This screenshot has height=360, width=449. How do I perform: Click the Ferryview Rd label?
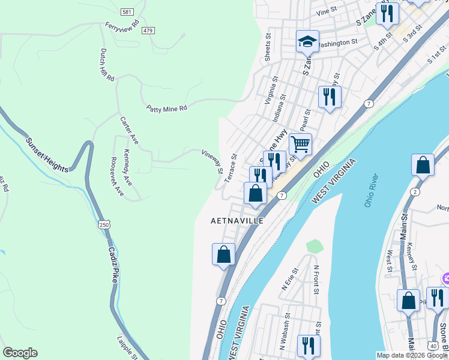(x=122, y=27)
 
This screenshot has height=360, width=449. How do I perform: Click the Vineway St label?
(x=212, y=159)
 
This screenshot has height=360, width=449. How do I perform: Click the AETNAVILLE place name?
(x=237, y=221)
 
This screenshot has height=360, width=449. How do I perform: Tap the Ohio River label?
(x=372, y=191)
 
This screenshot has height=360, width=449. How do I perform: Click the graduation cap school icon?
(x=307, y=41)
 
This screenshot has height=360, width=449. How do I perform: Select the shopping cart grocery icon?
(x=300, y=144)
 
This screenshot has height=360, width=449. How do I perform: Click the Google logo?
(x=20, y=353)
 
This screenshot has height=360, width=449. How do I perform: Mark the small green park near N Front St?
(x=314, y=246)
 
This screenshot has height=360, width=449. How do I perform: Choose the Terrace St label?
(x=231, y=168)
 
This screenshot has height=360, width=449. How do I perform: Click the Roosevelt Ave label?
(x=116, y=176)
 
